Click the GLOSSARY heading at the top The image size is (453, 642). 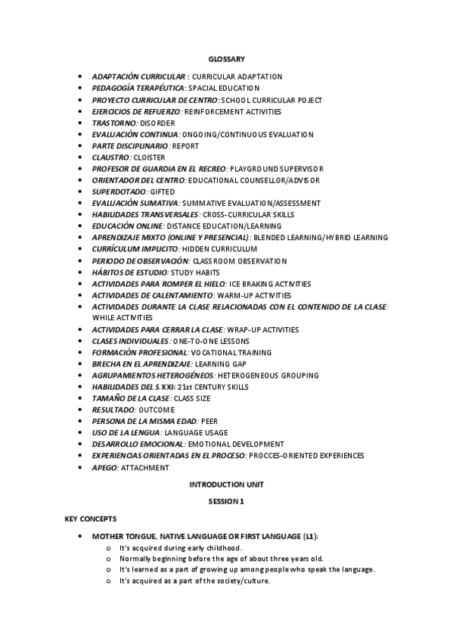[x=226, y=59]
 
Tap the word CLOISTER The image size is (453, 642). [x=149, y=157]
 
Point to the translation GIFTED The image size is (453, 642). [x=163, y=192]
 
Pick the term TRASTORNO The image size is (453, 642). [x=114, y=123]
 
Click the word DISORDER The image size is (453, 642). [x=157, y=123]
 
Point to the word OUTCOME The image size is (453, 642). [x=157, y=410]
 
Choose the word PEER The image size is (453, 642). [x=209, y=421]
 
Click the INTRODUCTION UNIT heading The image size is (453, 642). [x=226, y=484]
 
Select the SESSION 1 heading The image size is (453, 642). [x=226, y=501]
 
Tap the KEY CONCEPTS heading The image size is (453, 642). [x=91, y=519]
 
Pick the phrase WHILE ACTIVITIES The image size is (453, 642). [x=122, y=318]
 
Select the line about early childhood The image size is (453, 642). [x=180, y=547]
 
